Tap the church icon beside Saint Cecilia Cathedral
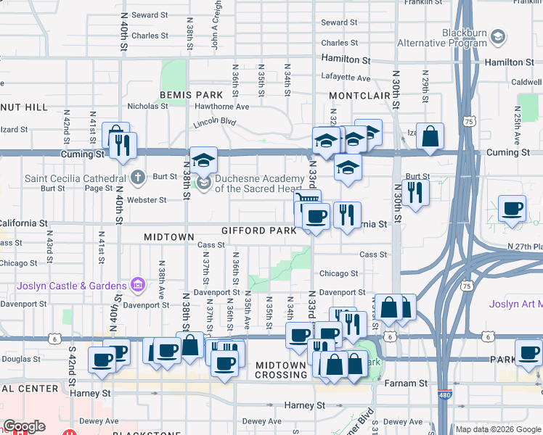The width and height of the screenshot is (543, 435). pos(139,177)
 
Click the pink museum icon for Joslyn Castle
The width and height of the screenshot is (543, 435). pos(137,286)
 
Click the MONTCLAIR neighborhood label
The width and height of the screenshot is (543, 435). pos(359,96)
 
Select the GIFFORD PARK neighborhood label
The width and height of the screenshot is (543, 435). pos(258,231)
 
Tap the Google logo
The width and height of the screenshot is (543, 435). pos(24,426)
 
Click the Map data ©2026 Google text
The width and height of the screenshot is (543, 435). pos(498,429)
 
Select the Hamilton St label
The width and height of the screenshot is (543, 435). pos(346,59)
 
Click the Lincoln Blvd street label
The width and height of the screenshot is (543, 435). pos(215,124)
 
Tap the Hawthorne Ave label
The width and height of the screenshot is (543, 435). pos(222,106)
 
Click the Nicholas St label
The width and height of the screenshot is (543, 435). pos(148,106)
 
